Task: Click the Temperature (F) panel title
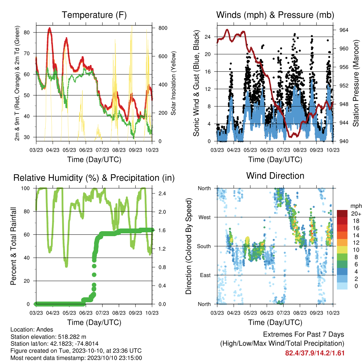[94, 15]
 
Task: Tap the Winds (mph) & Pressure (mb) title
[275, 15]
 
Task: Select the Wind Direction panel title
[275, 176]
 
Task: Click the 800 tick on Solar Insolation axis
[163, 28]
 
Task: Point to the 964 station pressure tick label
[344, 30]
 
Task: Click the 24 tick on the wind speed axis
[208, 37]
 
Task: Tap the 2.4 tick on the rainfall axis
[162, 193]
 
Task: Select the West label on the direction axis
[205, 217]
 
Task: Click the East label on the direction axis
[205, 275]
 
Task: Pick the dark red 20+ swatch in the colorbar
[342, 214]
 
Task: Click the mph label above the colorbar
[356, 206]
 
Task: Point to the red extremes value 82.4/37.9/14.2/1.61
[315, 353]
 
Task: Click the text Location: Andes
[32, 329]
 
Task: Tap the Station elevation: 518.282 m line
[48, 337]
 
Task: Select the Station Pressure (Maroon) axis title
[356, 83]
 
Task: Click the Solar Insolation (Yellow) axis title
[173, 83]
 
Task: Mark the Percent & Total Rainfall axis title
[13, 246]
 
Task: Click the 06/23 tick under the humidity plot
[86, 313]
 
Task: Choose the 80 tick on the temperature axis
[27, 32]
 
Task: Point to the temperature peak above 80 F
[49, 29]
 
